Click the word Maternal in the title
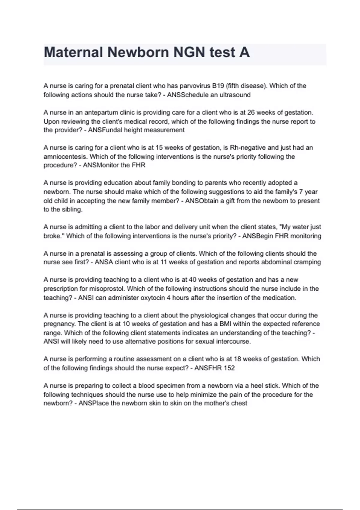(73, 52)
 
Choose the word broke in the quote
(52, 236)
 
